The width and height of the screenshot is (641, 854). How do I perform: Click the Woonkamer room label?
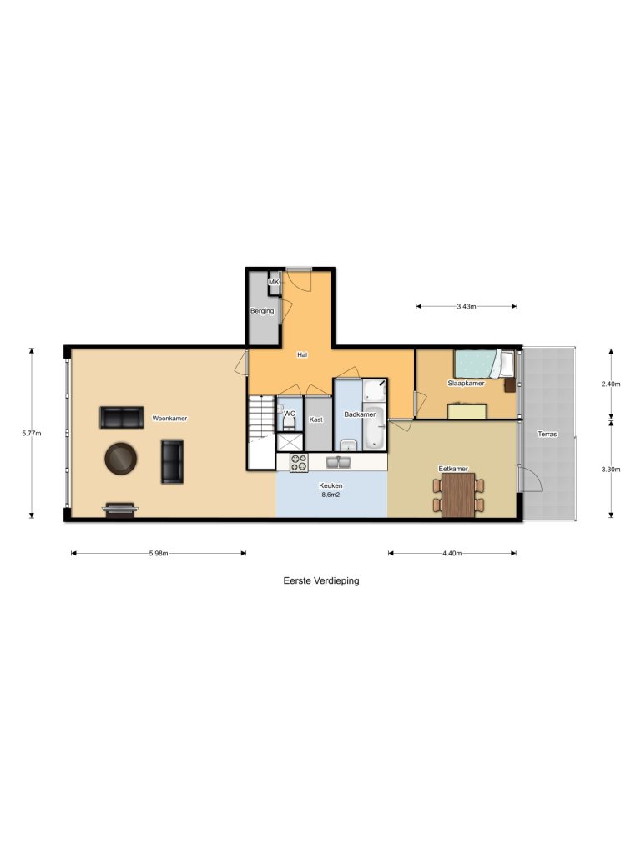point(169,418)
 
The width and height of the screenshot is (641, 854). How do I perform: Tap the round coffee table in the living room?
point(122,458)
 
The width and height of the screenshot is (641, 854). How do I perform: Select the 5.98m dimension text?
point(159,553)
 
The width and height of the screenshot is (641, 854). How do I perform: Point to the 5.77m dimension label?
point(32,433)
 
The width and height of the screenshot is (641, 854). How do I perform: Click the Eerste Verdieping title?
point(321,581)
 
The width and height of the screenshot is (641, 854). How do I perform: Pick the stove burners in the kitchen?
point(299,462)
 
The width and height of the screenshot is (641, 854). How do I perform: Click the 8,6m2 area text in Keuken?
point(331,495)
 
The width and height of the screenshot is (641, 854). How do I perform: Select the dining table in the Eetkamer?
point(457,495)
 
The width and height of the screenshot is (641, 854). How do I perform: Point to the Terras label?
point(548,435)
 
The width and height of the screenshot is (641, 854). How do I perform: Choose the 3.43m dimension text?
point(466,307)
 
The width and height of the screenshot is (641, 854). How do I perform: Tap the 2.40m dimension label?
point(612,384)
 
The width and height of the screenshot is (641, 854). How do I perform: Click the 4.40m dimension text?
point(452,553)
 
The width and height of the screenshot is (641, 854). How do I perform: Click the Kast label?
point(316,419)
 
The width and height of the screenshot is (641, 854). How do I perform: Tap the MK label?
point(273,283)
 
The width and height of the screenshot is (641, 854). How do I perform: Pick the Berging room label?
point(262,311)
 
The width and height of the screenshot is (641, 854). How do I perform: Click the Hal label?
point(303,354)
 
